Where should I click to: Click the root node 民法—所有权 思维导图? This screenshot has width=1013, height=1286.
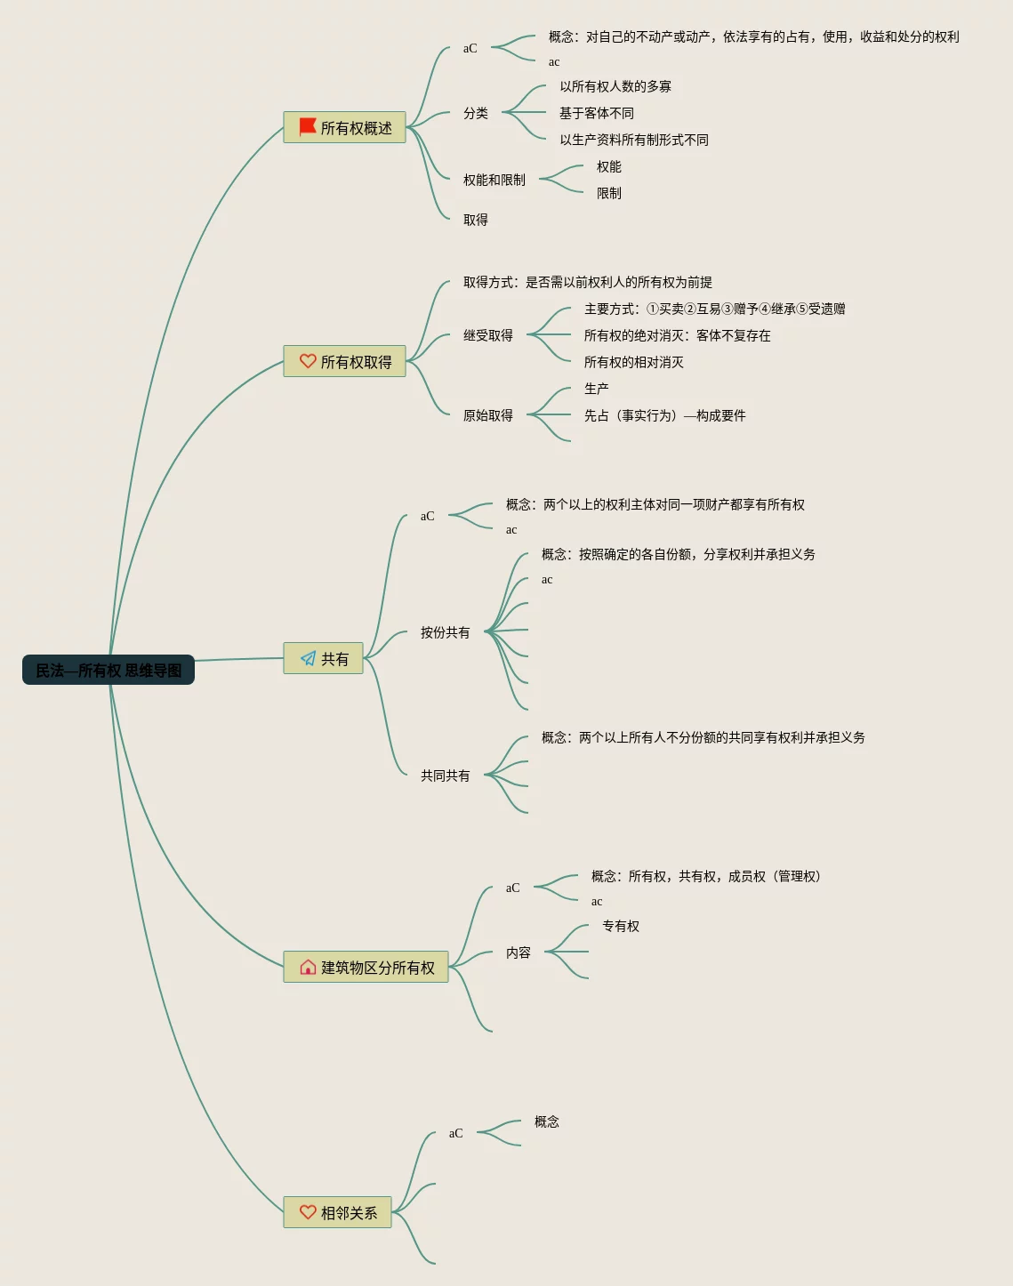(108, 671)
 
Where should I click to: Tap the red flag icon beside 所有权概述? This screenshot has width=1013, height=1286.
(308, 127)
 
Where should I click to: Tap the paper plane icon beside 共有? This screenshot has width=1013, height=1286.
(308, 658)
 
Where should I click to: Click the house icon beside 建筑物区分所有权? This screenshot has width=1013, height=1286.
(308, 967)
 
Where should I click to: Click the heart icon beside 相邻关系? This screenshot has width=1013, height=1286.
(308, 1212)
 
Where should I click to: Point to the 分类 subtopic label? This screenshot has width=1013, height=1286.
(475, 113)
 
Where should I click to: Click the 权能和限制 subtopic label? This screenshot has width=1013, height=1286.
(494, 180)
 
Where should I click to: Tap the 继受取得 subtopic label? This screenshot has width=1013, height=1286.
(487, 335)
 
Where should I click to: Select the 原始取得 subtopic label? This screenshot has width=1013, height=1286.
(487, 415)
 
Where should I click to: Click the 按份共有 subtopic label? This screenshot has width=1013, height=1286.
(445, 632)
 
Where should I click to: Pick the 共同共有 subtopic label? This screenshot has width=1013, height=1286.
(445, 776)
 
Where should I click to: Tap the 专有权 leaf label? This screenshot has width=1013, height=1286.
(621, 926)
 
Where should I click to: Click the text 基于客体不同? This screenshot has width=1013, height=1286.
(596, 113)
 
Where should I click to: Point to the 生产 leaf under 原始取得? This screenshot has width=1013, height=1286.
(596, 389)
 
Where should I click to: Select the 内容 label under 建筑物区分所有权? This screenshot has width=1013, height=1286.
(518, 952)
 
